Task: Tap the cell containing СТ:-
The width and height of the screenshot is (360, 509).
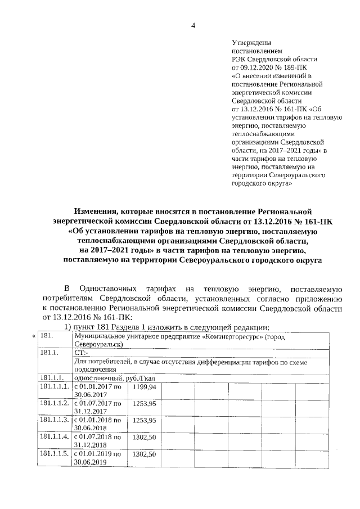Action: coord(82,352)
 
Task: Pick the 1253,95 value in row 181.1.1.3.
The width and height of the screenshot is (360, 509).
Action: coord(145,420)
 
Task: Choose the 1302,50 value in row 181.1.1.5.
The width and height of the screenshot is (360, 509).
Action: coord(145,453)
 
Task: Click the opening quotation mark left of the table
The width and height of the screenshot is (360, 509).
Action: coord(34,336)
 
